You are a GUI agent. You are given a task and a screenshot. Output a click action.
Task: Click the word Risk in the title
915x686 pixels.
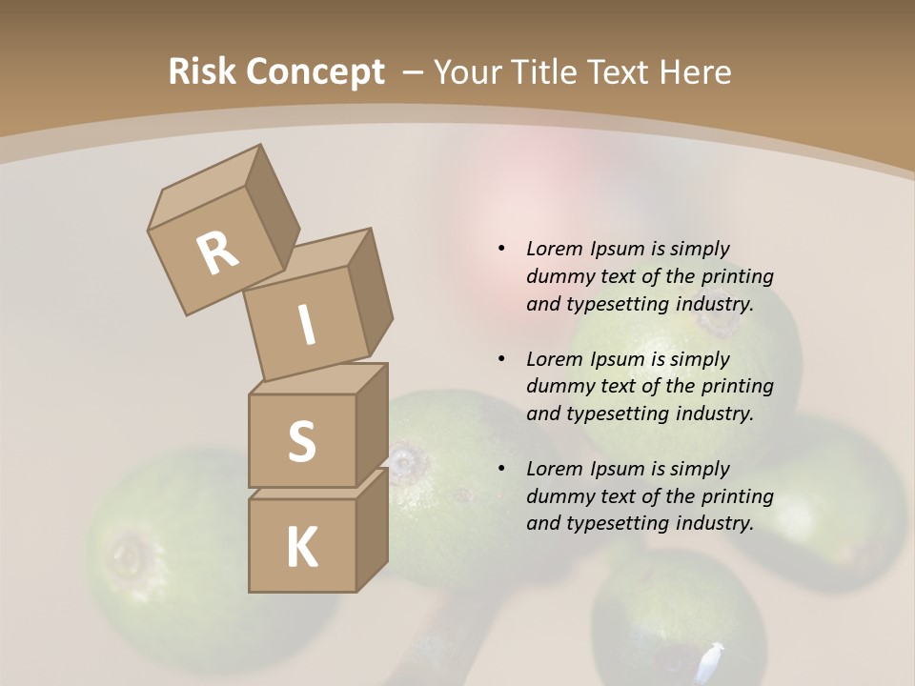point(202,72)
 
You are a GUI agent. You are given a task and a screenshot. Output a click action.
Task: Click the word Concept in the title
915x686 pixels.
point(315,73)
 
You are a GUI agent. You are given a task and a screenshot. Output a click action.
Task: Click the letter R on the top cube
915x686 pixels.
point(217,254)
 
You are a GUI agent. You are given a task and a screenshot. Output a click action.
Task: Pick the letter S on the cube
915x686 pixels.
point(301,441)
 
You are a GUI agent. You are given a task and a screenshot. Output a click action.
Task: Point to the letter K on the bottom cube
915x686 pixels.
point(301,548)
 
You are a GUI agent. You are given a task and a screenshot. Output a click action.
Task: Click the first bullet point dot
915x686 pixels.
point(501,250)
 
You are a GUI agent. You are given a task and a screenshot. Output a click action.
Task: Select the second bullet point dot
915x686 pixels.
point(501,359)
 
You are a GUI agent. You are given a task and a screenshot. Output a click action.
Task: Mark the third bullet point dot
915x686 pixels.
point(501,469)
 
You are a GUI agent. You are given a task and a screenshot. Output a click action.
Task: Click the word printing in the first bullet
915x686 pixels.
point(737,277)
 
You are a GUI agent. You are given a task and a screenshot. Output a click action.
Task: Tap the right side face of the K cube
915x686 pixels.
point(372,529)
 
